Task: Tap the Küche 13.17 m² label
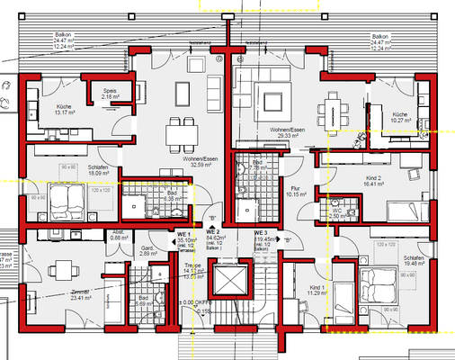point(42,111)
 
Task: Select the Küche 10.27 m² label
point(399,119)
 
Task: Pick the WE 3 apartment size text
point(263,240)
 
